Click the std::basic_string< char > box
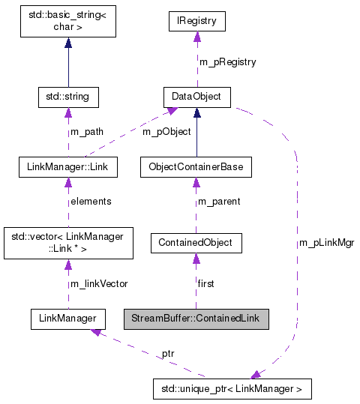click(68, 22)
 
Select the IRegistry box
click(196, 22)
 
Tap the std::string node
click(68, 97)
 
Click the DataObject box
click(196, 97)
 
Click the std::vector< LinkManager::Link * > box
click(68, 242)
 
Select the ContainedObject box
click(196, 242)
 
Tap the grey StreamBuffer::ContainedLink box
click(195, 319)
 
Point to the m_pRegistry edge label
click(227, 62)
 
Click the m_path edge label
click(87, 132)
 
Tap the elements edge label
click(91, 202)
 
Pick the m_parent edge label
click(220, 202)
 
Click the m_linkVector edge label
click(99, 283)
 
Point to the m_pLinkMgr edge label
click(326, 243)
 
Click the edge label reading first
click(206, 283)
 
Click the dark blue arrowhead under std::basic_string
click(68, 43)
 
